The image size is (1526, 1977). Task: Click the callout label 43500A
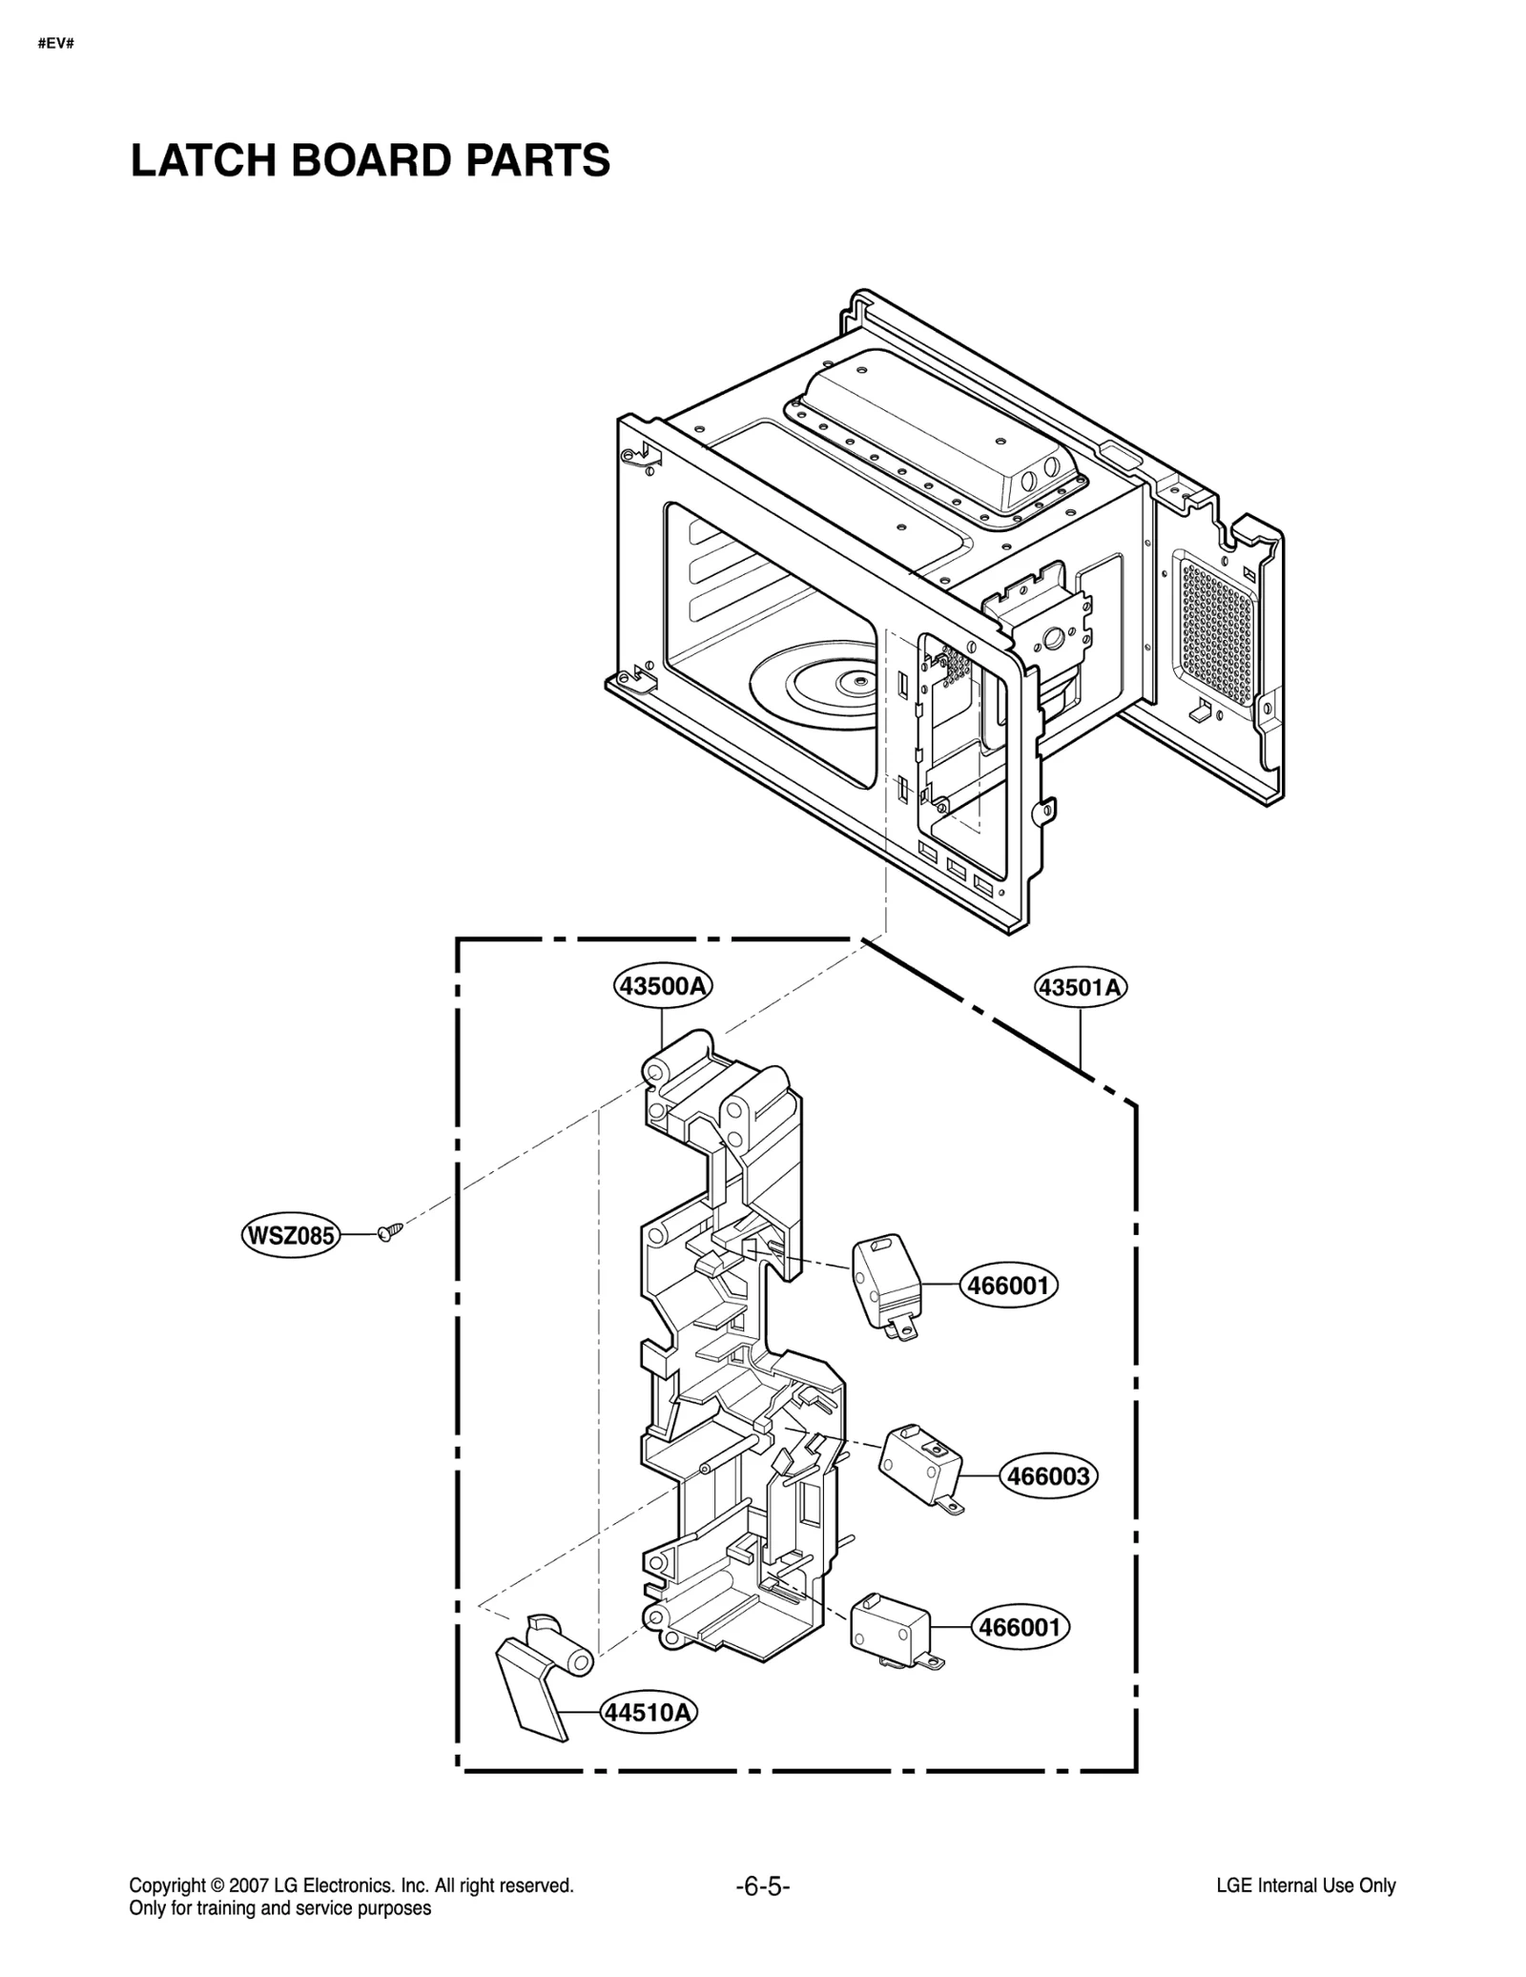[x=664, y=986]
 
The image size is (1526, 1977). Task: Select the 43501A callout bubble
[x=1081, y=988]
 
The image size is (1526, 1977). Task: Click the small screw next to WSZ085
[x=390, y=1232]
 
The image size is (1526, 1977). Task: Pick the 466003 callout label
[x=1049, y=1503]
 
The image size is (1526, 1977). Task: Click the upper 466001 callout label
[x=1008, y=1286]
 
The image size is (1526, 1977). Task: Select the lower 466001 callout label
[x=1020, y=1627]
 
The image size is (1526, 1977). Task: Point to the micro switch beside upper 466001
[x=885, y=1283]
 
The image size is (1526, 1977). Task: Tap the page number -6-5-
[x=763, y=1885]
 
